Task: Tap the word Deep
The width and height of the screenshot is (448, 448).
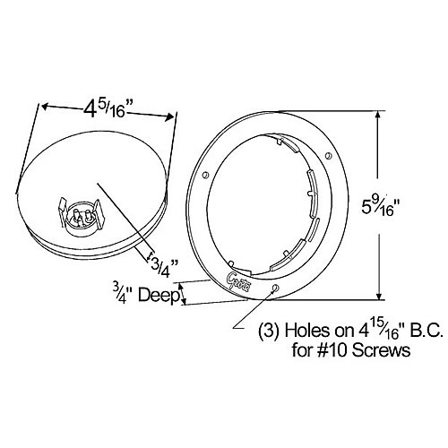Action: (159, 296)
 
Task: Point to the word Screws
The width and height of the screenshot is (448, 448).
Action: (381, 349)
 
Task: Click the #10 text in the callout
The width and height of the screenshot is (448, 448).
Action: (333, 349)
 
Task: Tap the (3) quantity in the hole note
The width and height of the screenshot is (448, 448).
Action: (269, 332)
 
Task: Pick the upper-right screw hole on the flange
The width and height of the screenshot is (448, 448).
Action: (328, 156)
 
